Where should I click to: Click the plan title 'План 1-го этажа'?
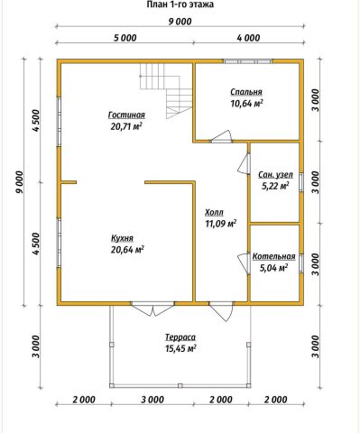click(180, 5)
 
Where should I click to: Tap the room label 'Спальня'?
click(246, 92)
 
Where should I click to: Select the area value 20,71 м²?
click(126, 126)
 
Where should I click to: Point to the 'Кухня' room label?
click(122, 238)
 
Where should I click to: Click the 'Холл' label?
click(214, 213)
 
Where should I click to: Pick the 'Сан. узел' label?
click(275, 175)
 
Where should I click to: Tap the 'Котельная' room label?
click(273, 257)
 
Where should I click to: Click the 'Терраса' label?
click(180, 337)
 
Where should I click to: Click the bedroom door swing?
click(221, 137)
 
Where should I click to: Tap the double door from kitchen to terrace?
click(153, 309)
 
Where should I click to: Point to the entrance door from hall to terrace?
click(222, 311)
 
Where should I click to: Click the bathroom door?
click(245, 163)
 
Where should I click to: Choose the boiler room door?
click(245, 263)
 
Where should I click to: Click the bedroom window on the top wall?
click(247, 61)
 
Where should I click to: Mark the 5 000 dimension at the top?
click(125, 38)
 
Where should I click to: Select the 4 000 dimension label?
click(249, 38)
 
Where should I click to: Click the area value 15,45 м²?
click(180, 348)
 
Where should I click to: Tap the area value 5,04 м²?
click(273, 267)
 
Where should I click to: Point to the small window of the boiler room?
click(301, 263)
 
